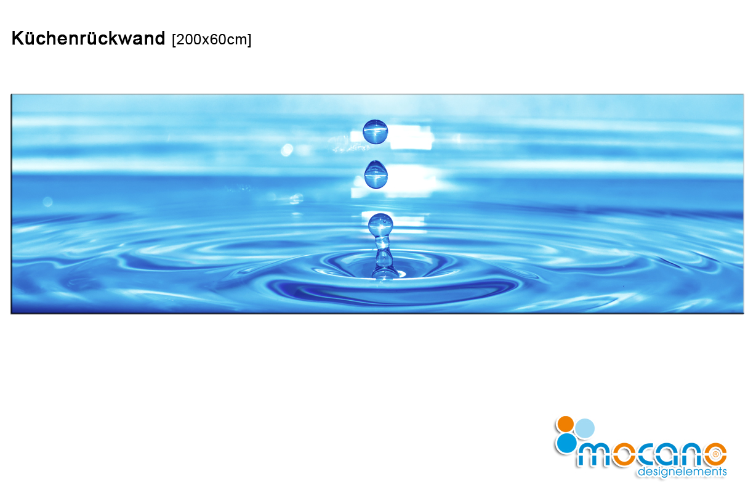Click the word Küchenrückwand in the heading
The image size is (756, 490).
point(89,38)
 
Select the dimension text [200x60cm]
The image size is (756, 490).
point(212,39)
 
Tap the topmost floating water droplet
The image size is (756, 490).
point(376,132)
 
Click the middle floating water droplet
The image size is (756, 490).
point(376,174)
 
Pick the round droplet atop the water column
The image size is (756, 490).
point(380,224)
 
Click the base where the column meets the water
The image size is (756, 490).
point(385,274)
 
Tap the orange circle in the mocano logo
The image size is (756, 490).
point(566,424)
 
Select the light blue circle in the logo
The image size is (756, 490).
point(585,428)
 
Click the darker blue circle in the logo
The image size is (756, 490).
point(566,443)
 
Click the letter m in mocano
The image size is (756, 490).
point(594,455)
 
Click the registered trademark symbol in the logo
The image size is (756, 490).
point(715,454)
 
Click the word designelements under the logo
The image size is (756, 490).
point(682,472)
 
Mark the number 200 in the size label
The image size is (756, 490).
point(188,39)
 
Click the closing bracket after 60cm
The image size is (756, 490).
point(249,40)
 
